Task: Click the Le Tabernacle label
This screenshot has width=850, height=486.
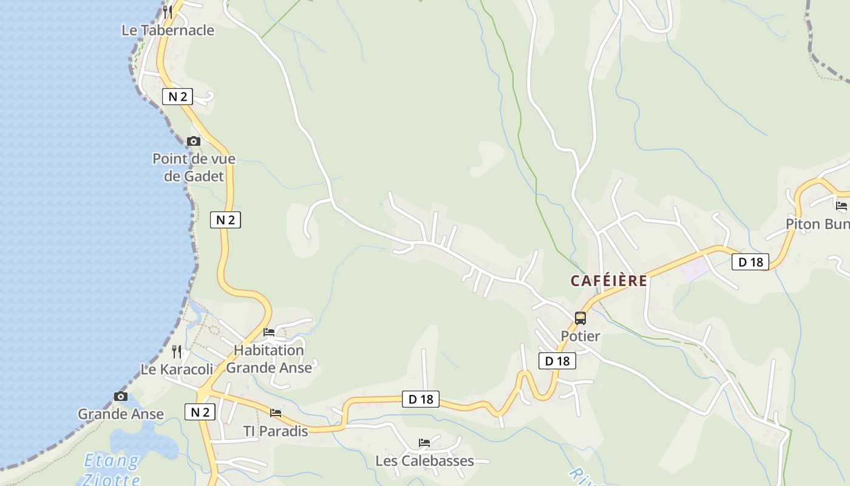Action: pyautogui.click(x=168, y=30)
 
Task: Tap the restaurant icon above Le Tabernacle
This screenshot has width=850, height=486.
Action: pyautogui.click(x=168, y=12)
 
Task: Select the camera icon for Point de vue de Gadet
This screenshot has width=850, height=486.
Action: pyautogui.click(x=194, y=141)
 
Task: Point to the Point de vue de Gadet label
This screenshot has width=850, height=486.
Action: pyautogui.click(x=194, y=168)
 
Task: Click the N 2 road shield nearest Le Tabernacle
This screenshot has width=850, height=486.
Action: pyautogui.click(x=177, y=96)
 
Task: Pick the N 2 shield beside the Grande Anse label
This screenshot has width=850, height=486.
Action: pyautogui.click(x=200, y=412)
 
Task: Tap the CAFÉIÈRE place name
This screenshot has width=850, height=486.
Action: pyautogui.click(x=608, y=281)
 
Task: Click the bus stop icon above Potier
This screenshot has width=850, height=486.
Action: pyautogui.click(x=580, y=318)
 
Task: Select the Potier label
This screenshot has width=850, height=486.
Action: pyautogui.click(x=580, y=336)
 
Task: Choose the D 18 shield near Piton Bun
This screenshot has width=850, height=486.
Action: pyautogui.click(x=750, y=262)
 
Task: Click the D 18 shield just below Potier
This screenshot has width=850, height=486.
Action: pyautogui.click(x=557, y=361)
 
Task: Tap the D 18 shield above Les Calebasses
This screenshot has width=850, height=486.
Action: pyautogui.click(x=421, y=399)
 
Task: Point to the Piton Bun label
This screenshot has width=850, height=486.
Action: pyautogui.click(x=817, y=224)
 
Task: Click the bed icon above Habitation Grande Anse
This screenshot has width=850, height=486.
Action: pyautogui.click(x=269, y=332)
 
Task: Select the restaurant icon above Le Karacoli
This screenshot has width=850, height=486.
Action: pyautogui.click(x=177, y=351)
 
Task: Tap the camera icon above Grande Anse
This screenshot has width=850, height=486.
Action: pyautogui.click(x=121, y=396)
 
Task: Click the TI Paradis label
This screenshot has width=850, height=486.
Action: pyautogui.click(x=276, y=431)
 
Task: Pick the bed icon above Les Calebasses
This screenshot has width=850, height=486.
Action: pyautogui.click(x=424, y=442)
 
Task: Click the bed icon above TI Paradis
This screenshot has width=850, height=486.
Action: pyautogui.click(x=276, y=413)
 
